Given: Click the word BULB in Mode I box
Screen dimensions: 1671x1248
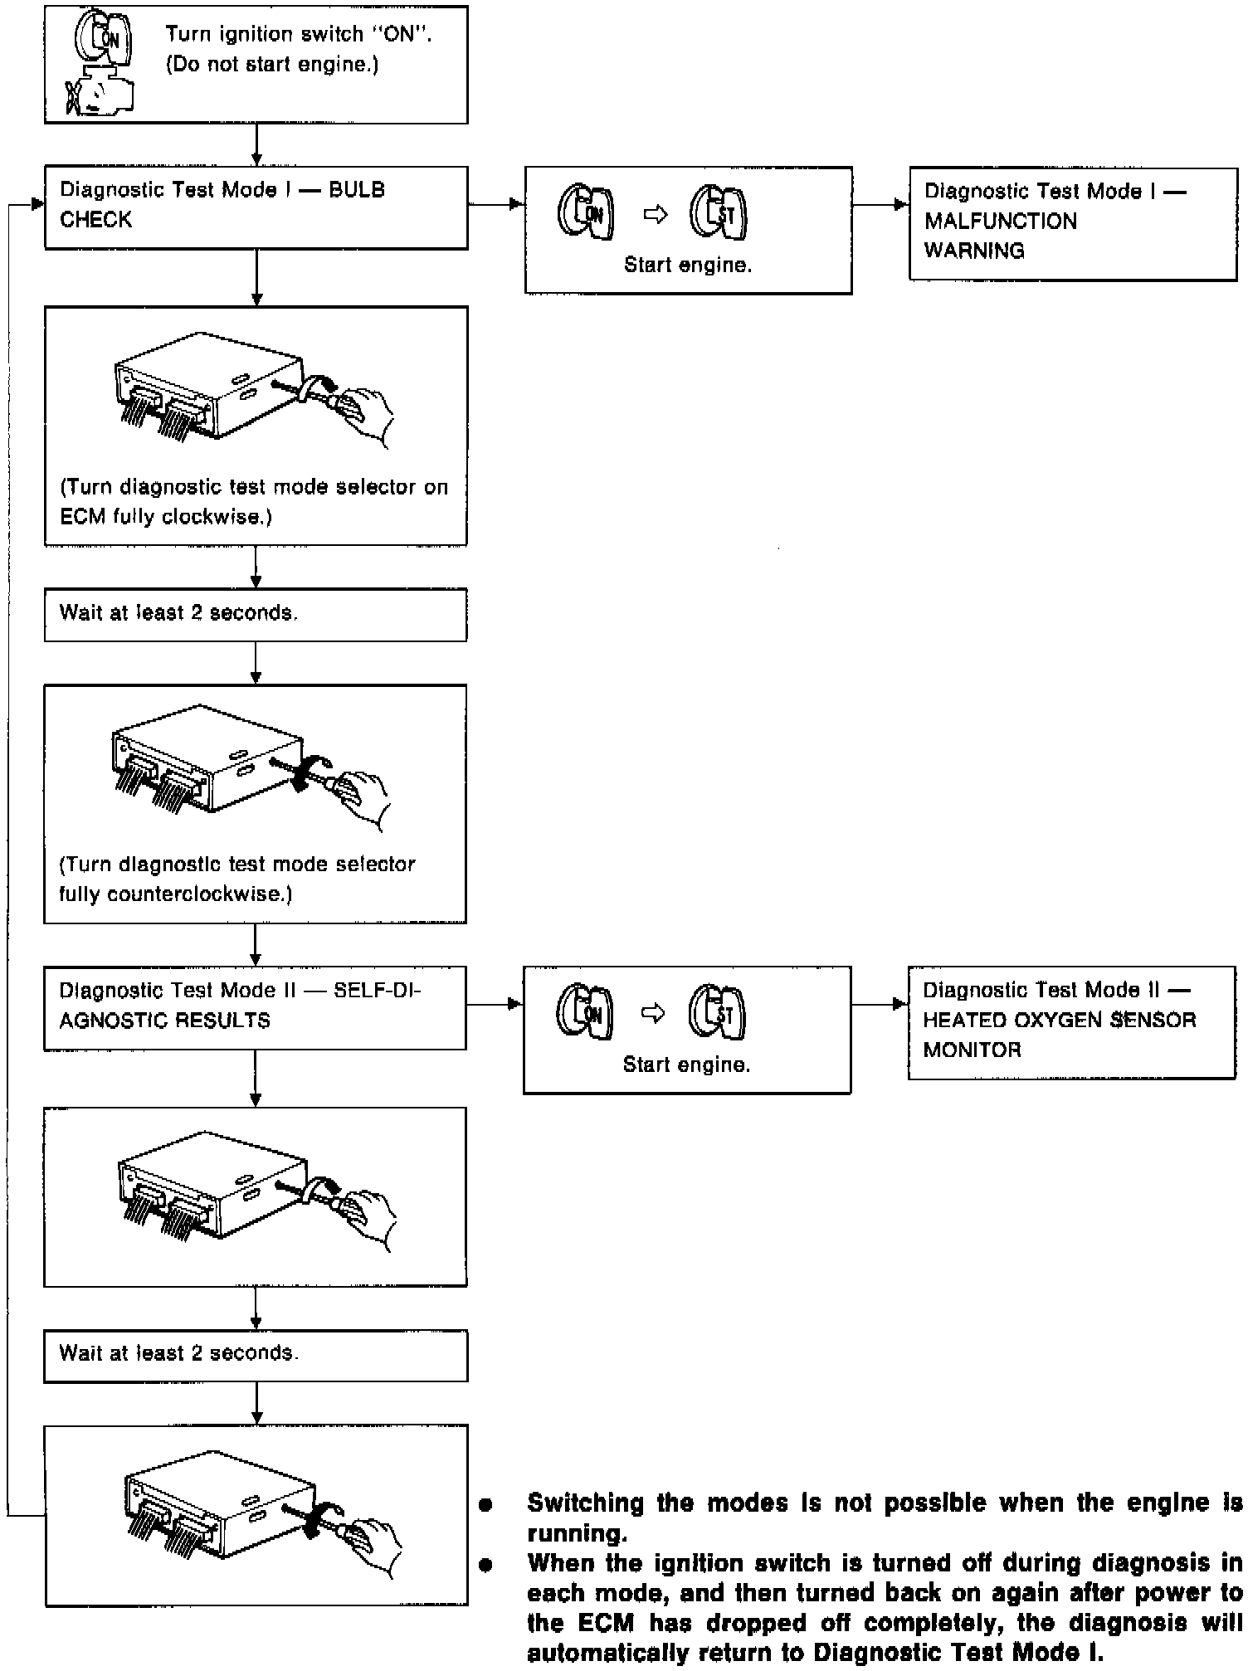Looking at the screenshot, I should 357,190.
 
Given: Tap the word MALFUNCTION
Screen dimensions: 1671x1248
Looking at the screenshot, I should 1000,221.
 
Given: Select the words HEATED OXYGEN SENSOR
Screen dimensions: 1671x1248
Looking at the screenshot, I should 1059,1020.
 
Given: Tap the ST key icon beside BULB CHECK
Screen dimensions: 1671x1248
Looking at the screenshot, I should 719,214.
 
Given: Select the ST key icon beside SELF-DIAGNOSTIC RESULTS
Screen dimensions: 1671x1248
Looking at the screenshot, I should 717,1013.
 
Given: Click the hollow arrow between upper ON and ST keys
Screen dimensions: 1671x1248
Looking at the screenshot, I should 656,215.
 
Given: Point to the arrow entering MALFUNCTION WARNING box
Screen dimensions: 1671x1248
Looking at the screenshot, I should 901,204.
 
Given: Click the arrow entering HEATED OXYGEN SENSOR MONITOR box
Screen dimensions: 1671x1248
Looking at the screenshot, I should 899,1005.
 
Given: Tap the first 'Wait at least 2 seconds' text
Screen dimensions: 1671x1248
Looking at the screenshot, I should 178,613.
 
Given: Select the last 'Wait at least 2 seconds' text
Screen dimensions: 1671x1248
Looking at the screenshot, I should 178,1353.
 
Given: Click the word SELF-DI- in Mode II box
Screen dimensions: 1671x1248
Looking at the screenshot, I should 377,991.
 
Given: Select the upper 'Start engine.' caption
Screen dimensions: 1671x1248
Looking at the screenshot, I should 687,266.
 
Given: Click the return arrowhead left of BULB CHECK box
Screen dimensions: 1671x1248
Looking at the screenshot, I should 37,204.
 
